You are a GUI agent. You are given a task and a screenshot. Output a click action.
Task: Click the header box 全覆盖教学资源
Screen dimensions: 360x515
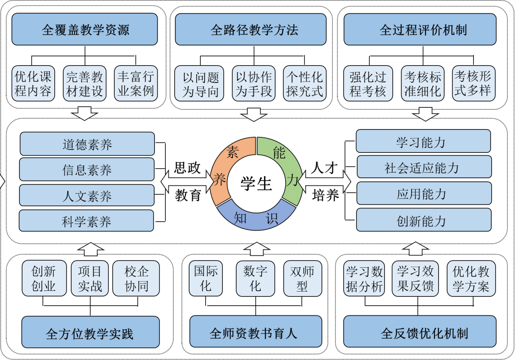(x=84, y=29)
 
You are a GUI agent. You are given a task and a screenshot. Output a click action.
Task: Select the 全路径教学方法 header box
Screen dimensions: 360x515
(x=250, y=29)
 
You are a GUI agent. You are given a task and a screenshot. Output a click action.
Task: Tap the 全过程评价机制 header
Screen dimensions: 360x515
(x=420, y=29)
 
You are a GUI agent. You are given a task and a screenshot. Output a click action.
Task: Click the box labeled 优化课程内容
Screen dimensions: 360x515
(x=33, y=84)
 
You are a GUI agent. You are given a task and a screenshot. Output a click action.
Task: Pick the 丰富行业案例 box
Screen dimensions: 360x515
(x=135, y=84)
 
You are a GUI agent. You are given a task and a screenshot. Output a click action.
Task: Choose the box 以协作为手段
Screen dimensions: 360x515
(x=253, y=84)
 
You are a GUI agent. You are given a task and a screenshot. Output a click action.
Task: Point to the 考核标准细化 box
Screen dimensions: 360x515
(x=423, y=84)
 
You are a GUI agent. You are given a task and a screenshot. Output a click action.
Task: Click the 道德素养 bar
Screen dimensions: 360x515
(x=87, y=144)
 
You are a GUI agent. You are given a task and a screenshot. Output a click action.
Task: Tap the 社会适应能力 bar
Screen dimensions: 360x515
(x=424, y=167)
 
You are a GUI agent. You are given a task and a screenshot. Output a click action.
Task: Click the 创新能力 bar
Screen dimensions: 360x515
(x=424, y=220)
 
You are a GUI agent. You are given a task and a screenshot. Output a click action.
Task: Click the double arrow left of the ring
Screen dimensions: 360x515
(x=187, y=181)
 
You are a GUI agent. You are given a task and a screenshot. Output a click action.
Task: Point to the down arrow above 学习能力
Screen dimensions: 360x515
(x=425, y=114)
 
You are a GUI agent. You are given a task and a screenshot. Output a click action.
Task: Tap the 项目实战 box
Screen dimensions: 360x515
(x=90, y=278)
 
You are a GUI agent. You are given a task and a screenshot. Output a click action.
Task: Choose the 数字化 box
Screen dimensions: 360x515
(x=255, y=278)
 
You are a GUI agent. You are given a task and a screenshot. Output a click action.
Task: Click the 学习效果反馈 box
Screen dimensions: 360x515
(x=415, y=278)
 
